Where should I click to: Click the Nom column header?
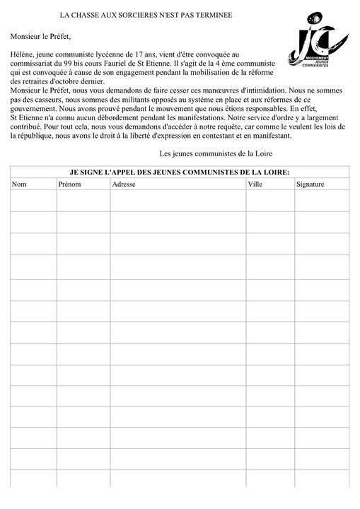tap(19, 185)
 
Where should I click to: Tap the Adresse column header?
tap(125, 185)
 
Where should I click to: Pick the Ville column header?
tap(255, 185)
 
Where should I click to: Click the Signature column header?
tap(310, 185)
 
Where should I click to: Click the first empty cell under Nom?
tap(34, 201)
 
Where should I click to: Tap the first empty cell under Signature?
tap(322, 201)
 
